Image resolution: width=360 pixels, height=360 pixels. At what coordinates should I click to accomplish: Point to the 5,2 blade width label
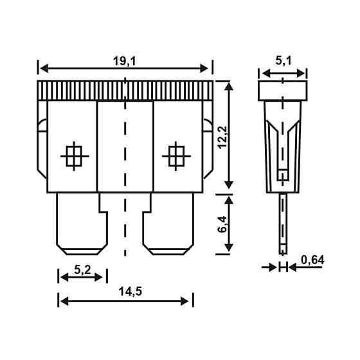coord(81,269)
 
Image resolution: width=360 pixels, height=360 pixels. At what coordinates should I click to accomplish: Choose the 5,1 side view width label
coord(283,62)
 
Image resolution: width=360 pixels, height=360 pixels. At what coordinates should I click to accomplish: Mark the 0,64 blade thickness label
coord(312,260)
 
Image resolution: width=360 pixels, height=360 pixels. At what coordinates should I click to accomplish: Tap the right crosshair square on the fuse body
coord(175,156)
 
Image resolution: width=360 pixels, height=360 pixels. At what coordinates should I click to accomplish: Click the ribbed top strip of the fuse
coord(125,90)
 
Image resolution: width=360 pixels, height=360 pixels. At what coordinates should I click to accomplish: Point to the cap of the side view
coord(283,90)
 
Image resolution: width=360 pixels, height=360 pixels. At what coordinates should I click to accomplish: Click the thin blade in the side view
coord(282,225)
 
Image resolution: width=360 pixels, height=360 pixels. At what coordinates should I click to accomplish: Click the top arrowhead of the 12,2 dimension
coord(228,85)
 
